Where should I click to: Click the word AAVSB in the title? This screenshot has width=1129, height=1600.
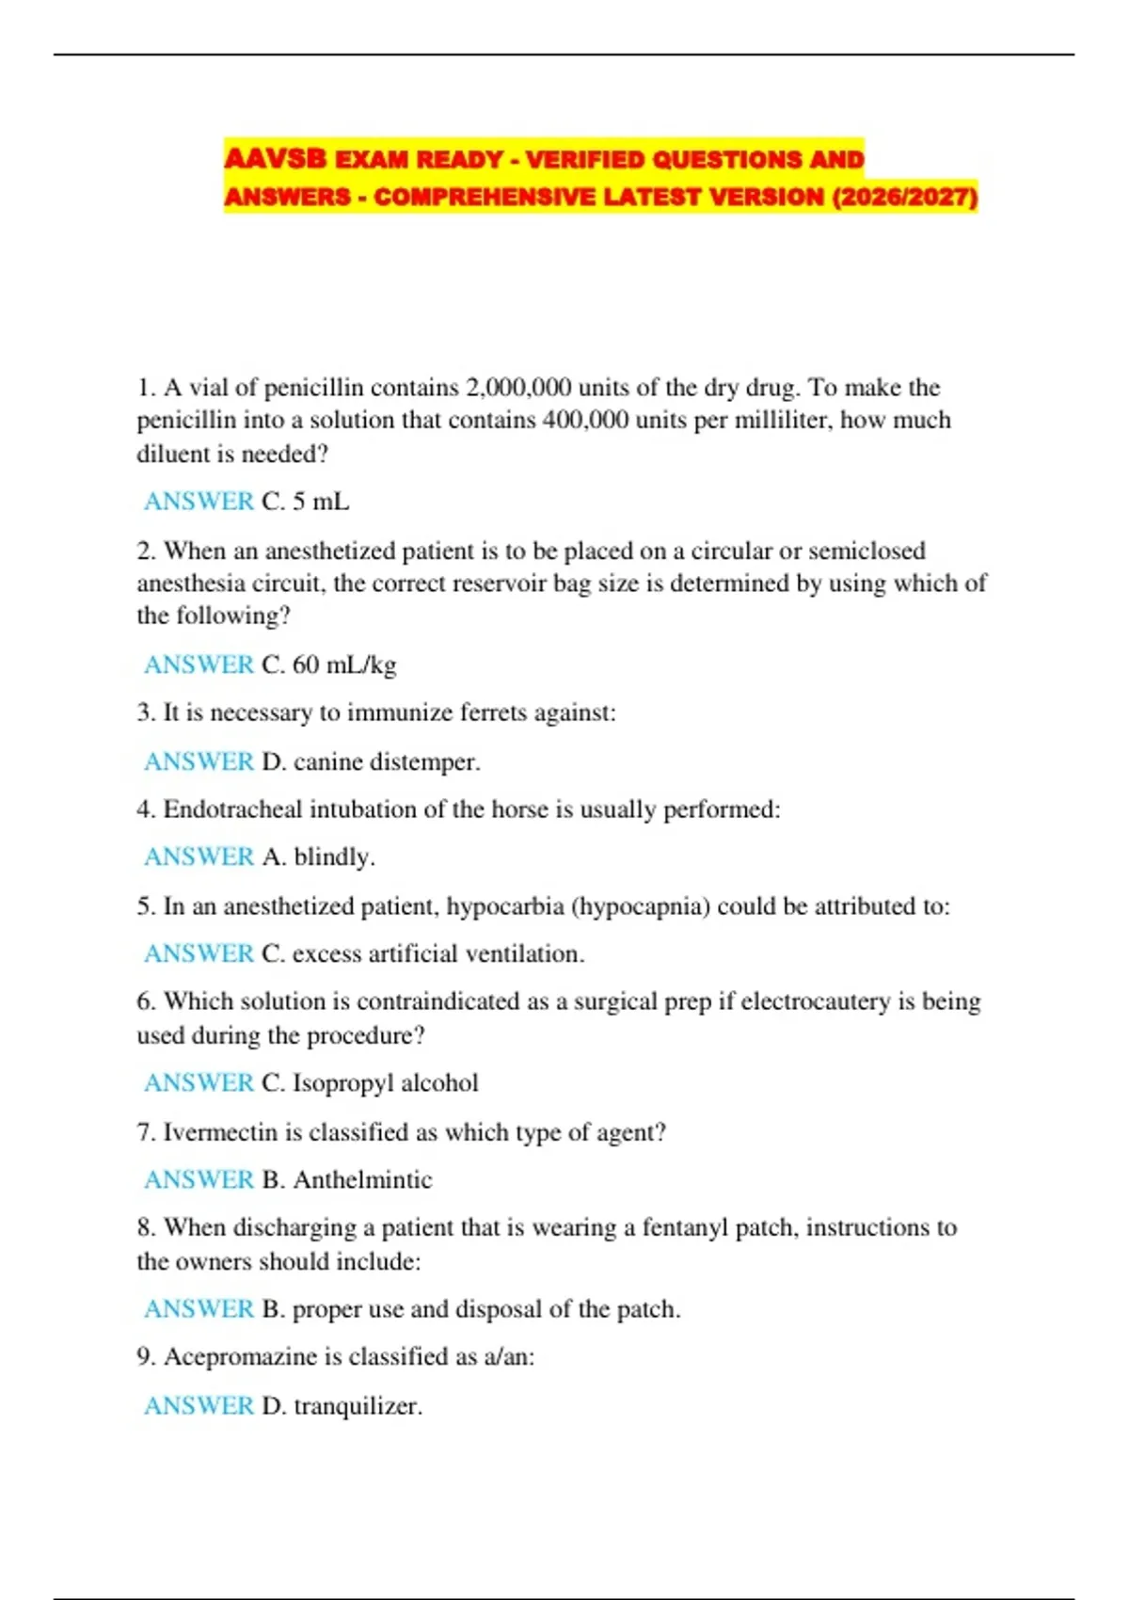point(275,159)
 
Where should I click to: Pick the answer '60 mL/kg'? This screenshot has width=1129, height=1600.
point(344,664)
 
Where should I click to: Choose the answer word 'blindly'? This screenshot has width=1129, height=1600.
point(334,857)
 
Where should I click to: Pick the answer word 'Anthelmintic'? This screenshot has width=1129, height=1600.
point(363,1179)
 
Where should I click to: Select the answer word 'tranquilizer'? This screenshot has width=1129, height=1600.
point(358,1406)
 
